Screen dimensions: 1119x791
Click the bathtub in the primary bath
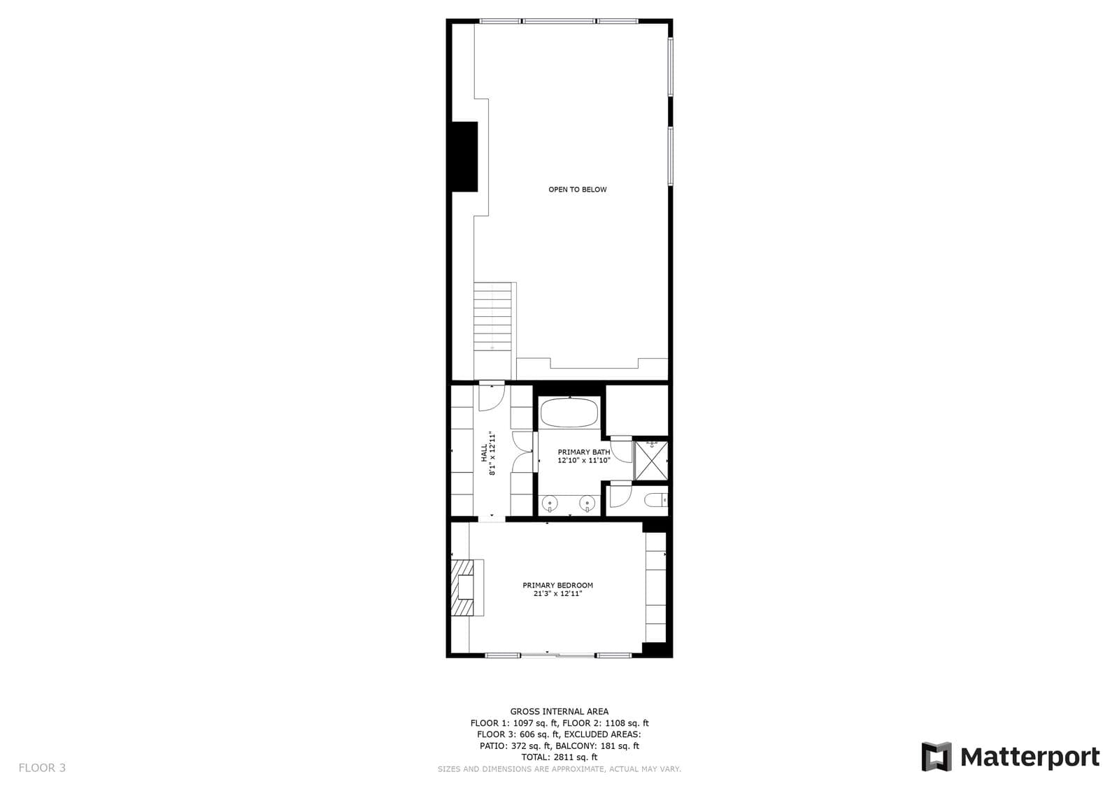569,412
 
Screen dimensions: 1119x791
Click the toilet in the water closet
655,499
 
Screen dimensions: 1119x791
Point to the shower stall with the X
650,460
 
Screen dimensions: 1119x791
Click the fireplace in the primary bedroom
468,587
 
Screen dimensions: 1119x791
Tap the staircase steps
492,316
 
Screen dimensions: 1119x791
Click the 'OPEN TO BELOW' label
578,190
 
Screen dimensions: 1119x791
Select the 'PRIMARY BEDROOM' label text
558,585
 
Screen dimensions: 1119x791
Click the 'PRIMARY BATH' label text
584,452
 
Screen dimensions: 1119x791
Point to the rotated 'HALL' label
484,452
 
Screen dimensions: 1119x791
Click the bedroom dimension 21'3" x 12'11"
558,594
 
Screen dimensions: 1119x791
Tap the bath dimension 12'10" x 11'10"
584,460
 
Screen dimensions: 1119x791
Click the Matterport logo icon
936,757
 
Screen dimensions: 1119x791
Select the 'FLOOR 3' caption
42,767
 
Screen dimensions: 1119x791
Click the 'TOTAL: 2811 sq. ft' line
559,757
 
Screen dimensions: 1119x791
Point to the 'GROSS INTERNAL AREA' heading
559,711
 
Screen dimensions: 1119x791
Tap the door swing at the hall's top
492,398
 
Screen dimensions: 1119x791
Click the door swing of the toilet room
621,496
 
